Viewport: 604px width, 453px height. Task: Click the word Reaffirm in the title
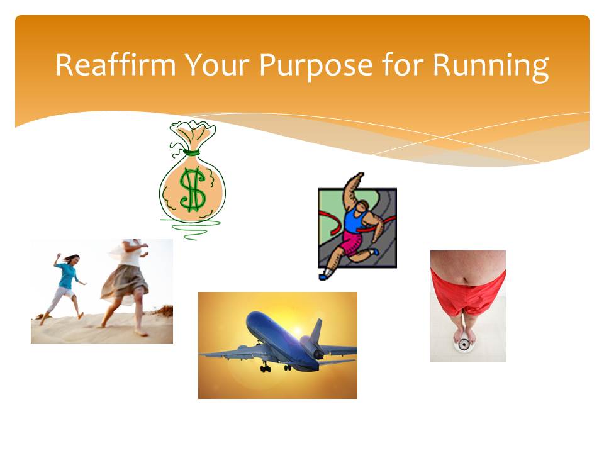tap(116, 64)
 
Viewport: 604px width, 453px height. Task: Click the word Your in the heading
tap(218, 64)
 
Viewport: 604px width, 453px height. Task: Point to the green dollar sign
tap(193, 189)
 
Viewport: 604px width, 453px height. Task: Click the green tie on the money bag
tap(191, 152)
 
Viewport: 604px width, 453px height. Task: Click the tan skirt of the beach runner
tap(125, 284)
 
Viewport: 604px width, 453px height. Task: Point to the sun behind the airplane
tap(297, 331)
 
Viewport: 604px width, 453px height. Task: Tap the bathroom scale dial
tap(464, 344)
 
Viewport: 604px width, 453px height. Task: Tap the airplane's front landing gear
tap(266, 368)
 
